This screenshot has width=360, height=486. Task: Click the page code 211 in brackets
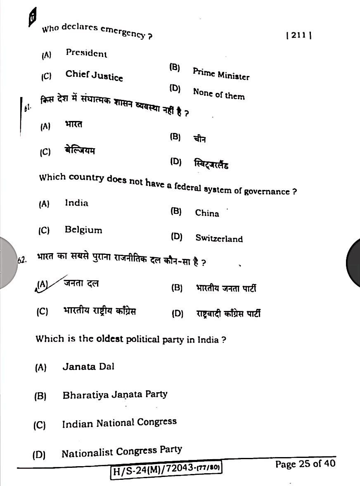point(298,36)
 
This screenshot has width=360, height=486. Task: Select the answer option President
point(86,53)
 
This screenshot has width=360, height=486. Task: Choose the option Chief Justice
point(94,76)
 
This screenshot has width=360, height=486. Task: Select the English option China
point(207,213)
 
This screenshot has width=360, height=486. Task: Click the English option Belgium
point(83,230)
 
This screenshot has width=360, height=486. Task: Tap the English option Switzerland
point(219,238)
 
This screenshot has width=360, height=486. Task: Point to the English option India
point(76,203)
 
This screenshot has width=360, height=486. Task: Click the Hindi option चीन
point(199,139)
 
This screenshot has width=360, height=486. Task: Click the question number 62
point(22,260)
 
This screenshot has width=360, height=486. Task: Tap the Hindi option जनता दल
point(81,283)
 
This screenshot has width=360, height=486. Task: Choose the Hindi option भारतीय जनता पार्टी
point(226,288)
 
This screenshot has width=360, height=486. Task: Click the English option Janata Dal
point(88,366)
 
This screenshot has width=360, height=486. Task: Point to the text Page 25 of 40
point(305,464)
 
